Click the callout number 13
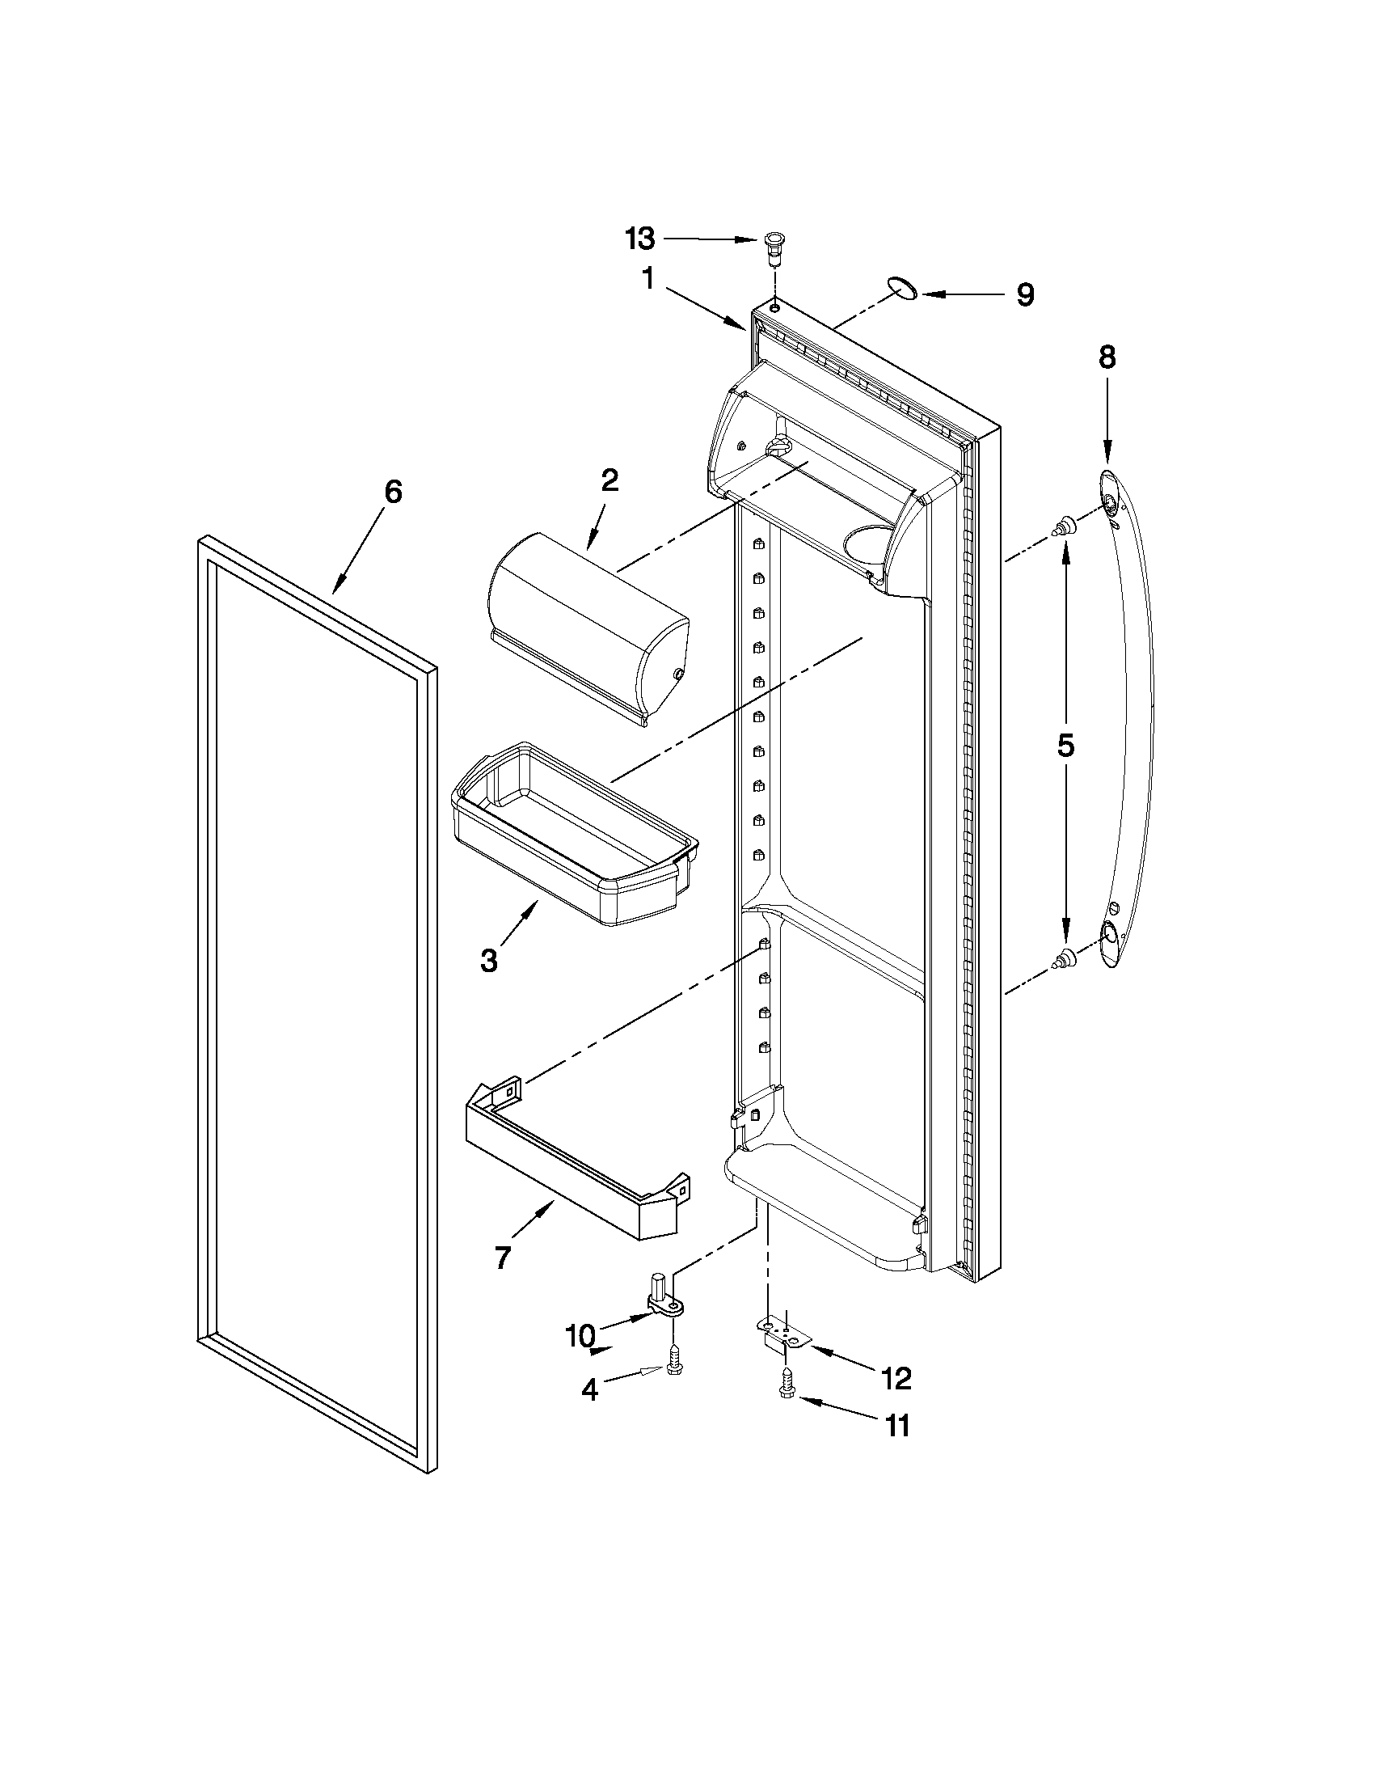(640, 239)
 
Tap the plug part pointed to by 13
(774, 244)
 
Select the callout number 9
(1025, 294)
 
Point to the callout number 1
(648, 280)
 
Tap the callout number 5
(1066, 745)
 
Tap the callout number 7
(503, 1258)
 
